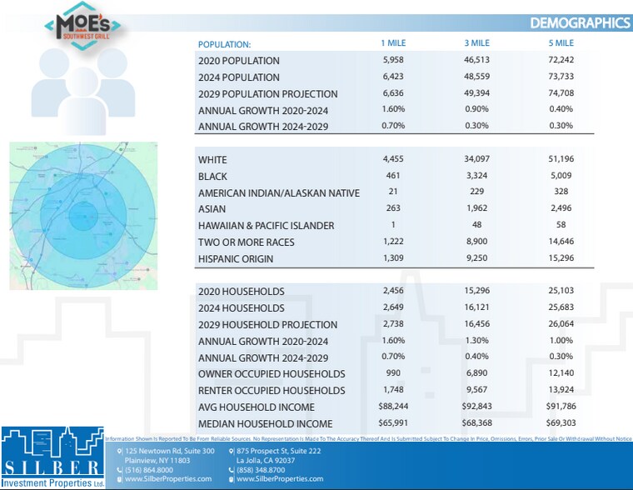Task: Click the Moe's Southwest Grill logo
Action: click(x=86, y=27)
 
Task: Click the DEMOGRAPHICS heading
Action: click(x=580, y=22)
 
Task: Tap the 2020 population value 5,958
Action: click(x=394, y=61)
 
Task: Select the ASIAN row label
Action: click(x=212, y=209)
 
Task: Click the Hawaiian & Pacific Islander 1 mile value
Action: click(x=394, y=226)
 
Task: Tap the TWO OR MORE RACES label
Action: click(x=246, y=242)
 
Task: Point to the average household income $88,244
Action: click(x=394, y=407)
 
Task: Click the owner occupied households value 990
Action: click(x=394, y=373)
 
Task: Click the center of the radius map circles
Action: click(x=82, y=214)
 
